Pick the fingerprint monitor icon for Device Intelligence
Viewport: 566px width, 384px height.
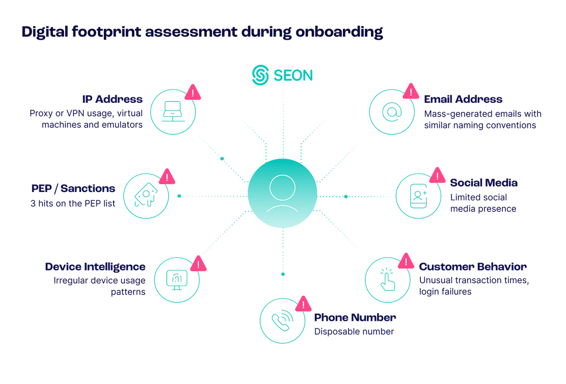177,280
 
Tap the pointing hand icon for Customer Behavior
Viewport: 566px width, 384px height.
387,279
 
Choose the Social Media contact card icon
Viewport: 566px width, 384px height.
419,196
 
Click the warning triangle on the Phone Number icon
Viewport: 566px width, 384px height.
304,305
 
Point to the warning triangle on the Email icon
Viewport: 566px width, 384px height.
411,92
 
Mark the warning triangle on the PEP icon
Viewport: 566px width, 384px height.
167,177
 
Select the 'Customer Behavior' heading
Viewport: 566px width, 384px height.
472,267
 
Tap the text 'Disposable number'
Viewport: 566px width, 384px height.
354,332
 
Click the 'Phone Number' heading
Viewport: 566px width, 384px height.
355,318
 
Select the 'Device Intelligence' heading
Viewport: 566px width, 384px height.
95,267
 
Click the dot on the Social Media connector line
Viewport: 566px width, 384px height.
345,196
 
